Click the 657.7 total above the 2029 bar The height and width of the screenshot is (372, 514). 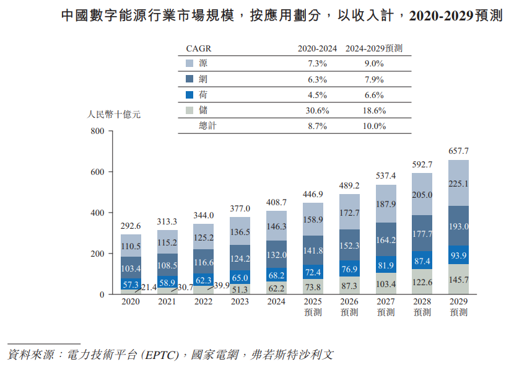[458, 151]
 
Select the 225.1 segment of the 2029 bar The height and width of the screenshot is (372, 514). [458, 184]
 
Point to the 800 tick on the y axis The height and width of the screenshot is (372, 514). [98, 131]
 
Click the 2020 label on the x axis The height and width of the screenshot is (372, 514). [131, 302]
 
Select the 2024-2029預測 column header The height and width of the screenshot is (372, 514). [374, 48]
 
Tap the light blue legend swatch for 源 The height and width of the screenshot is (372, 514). [190, 63]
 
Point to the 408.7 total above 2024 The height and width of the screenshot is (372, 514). [276, 202]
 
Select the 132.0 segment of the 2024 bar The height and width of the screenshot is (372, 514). [276, 255]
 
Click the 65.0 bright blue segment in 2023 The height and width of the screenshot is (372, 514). [240, 278]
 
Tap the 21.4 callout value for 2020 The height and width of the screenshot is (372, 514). [149, 288]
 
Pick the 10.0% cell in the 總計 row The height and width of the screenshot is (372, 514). [374, 126]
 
